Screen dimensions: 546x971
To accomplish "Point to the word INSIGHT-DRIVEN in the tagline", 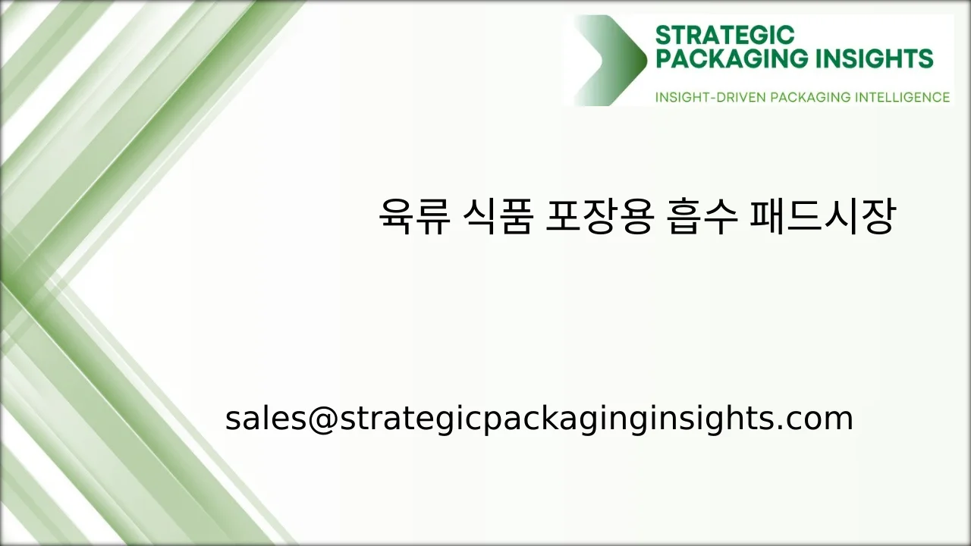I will [x=699, y=97].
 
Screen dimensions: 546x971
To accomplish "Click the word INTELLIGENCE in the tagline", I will [x=902, y=97].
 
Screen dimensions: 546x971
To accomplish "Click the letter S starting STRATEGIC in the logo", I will [x=662, y=35].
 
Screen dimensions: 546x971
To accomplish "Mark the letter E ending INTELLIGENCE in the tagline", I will [x=945, y=97].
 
